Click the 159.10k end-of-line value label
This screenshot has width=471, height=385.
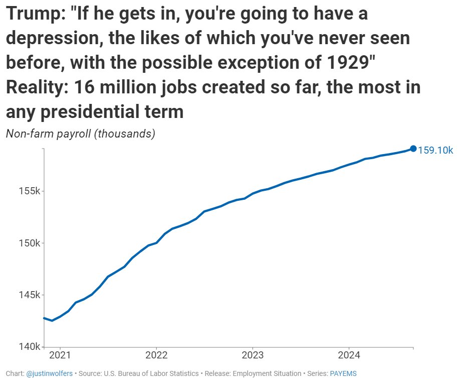[x=435, y=150]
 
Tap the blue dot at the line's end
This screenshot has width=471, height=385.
[x=413, y=148]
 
